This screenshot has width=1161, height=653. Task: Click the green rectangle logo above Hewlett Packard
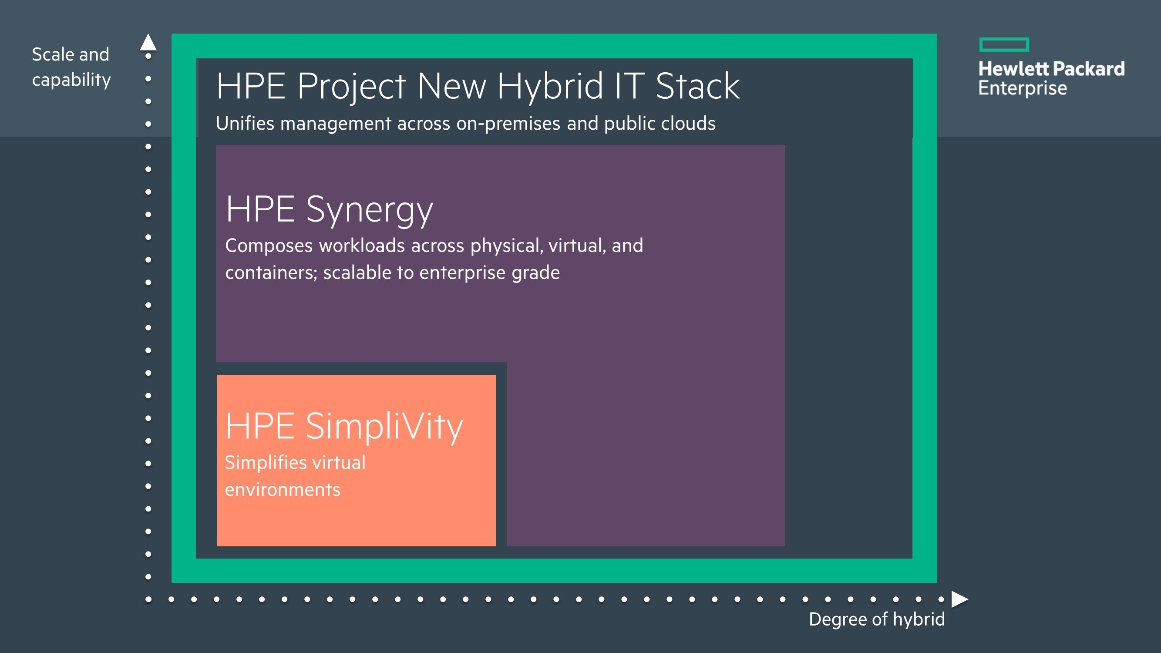pos(1004,44)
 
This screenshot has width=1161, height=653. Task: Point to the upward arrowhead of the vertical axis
pos(148,42)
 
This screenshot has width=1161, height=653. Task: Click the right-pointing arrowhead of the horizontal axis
pos(960,599)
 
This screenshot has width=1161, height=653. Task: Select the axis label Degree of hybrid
pos(877,619)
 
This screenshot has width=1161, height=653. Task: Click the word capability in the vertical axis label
pos(72,80)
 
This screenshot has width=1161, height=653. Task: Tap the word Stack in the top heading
pos(698,86)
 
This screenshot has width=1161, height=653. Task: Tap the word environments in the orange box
pos(283,490)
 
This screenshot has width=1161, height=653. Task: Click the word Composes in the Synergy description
pos(269,246)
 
